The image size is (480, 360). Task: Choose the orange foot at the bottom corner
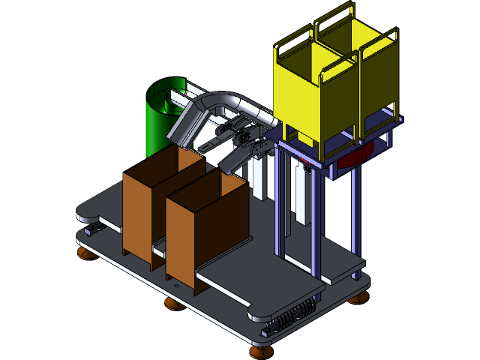point(259,349)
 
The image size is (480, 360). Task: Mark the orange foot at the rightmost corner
point(358,299)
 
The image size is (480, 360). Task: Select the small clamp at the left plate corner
point(93,226)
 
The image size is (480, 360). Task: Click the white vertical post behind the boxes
point(259,180)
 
